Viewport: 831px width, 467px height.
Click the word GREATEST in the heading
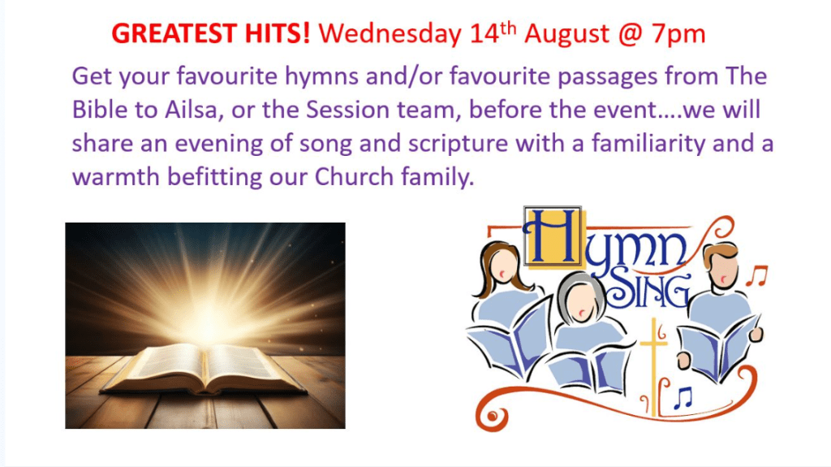click(174, 33)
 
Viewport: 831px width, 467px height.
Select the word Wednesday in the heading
click(390, 34)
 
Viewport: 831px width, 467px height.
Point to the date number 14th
click(493, 33)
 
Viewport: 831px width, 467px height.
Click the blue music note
click(683, 397)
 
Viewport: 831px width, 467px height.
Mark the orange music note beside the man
click(757, 275)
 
